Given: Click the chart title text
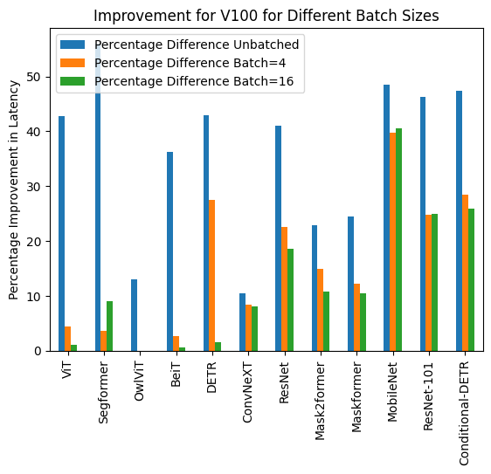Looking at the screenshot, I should [265, 17].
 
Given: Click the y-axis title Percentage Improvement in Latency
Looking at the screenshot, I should [14, 189].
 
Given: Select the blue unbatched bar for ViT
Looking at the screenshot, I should [61, 233].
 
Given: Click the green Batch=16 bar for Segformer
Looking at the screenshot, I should [109, 326].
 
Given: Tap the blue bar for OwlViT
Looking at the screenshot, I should [134, 315].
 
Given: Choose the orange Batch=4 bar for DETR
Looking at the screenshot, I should [212, 275].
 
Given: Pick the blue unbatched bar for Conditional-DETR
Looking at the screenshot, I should [459, 221].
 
